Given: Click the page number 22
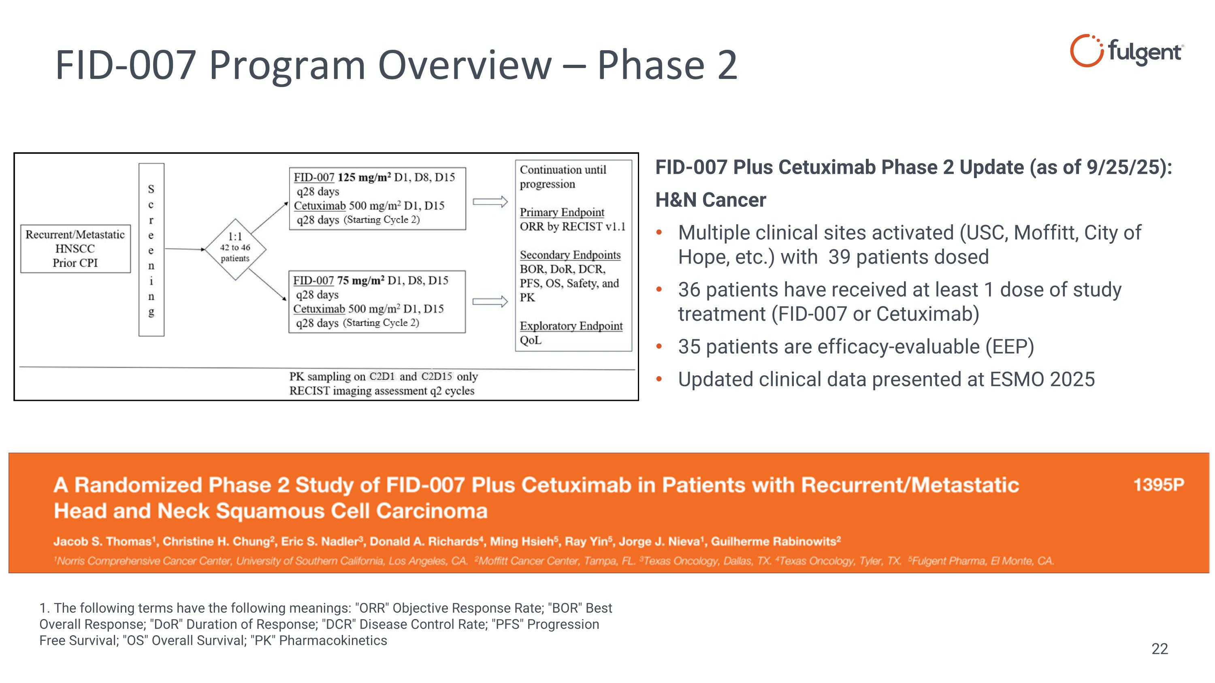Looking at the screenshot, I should [1160, 649].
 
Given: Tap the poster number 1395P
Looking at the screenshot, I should [1158, 485].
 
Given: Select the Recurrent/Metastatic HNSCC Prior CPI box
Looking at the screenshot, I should [75, 249].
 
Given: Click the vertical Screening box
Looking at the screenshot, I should [151, 249].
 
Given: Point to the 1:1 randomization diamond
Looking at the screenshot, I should [235, 249].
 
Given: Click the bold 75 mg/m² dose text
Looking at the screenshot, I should [360, 281].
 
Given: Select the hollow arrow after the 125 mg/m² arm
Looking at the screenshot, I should [490, 202].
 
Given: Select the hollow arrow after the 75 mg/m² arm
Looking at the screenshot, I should [490, 302].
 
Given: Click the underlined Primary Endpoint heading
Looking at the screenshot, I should [561, 212].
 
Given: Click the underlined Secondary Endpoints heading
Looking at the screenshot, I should [570, 255].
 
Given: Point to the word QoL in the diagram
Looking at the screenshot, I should [531, 340].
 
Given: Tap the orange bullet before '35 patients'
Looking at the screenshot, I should [659, 347].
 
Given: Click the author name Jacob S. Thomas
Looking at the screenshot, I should [101, 541].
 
